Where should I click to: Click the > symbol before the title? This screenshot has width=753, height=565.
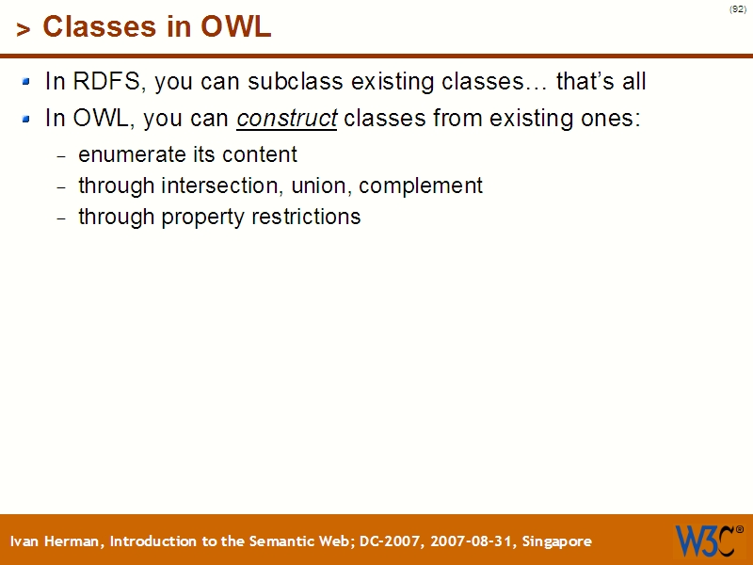24,30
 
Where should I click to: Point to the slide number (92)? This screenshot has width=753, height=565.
737,9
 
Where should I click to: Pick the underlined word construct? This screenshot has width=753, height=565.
287,121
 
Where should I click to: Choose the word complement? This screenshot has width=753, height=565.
421,186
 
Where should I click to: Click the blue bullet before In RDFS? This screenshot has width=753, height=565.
27,82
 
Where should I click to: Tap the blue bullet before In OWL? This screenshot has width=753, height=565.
27,120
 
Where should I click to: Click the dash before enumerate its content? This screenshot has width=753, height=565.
62,156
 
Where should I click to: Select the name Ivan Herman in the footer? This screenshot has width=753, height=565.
56,541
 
